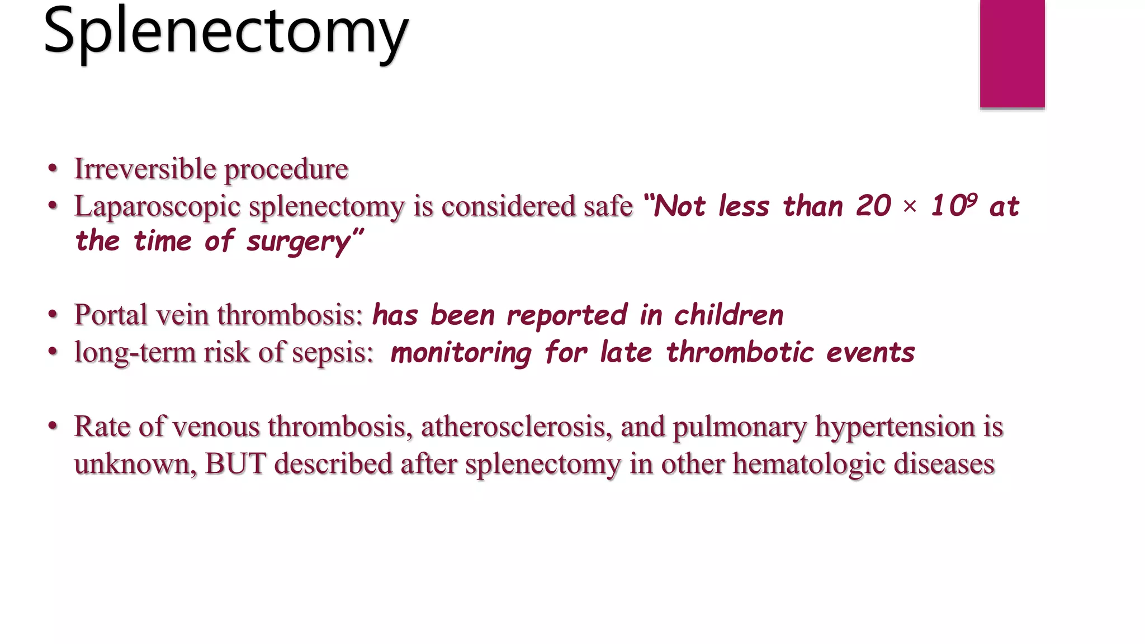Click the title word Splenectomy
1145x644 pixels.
click(x=225, y=32)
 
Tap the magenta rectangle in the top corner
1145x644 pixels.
click(x=1012, y=53)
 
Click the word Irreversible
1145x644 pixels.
click(x=145, y=169)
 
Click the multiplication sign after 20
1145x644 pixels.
click(x=910, y=207)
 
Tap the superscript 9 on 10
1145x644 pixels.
click(x=972, y=199)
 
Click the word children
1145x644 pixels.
click(x=728, y=315)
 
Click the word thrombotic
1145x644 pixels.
click(x=740, y=353)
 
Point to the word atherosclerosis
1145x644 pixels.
click(x=513, y=427)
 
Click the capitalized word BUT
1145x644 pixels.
click(x=235, y=464)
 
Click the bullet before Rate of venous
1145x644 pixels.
click(x=53, y=427)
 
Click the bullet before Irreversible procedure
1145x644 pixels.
click(x=53, y=168)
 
